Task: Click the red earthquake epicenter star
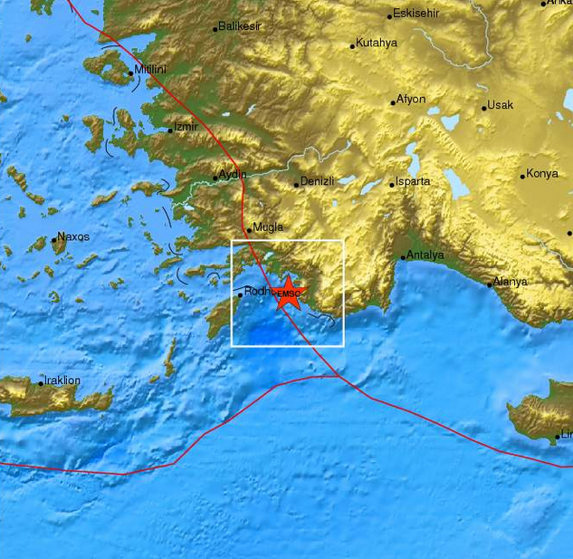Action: click(288, 294)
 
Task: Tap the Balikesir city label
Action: click(240, 27)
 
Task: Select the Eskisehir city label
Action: click(417, 14)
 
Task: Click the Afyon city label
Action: click(411, 100)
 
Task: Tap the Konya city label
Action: click(543, 174)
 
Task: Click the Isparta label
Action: click(413, 182)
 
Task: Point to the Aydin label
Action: click(233, 175)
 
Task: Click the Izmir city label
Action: click(187, 128)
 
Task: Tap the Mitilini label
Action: click(151, 70)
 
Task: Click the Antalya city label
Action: click(425, 255)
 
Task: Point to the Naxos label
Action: click(73, 236)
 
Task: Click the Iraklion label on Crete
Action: click(63, 381)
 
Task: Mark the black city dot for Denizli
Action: click(296, 185)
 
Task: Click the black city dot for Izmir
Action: click(170, 130)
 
